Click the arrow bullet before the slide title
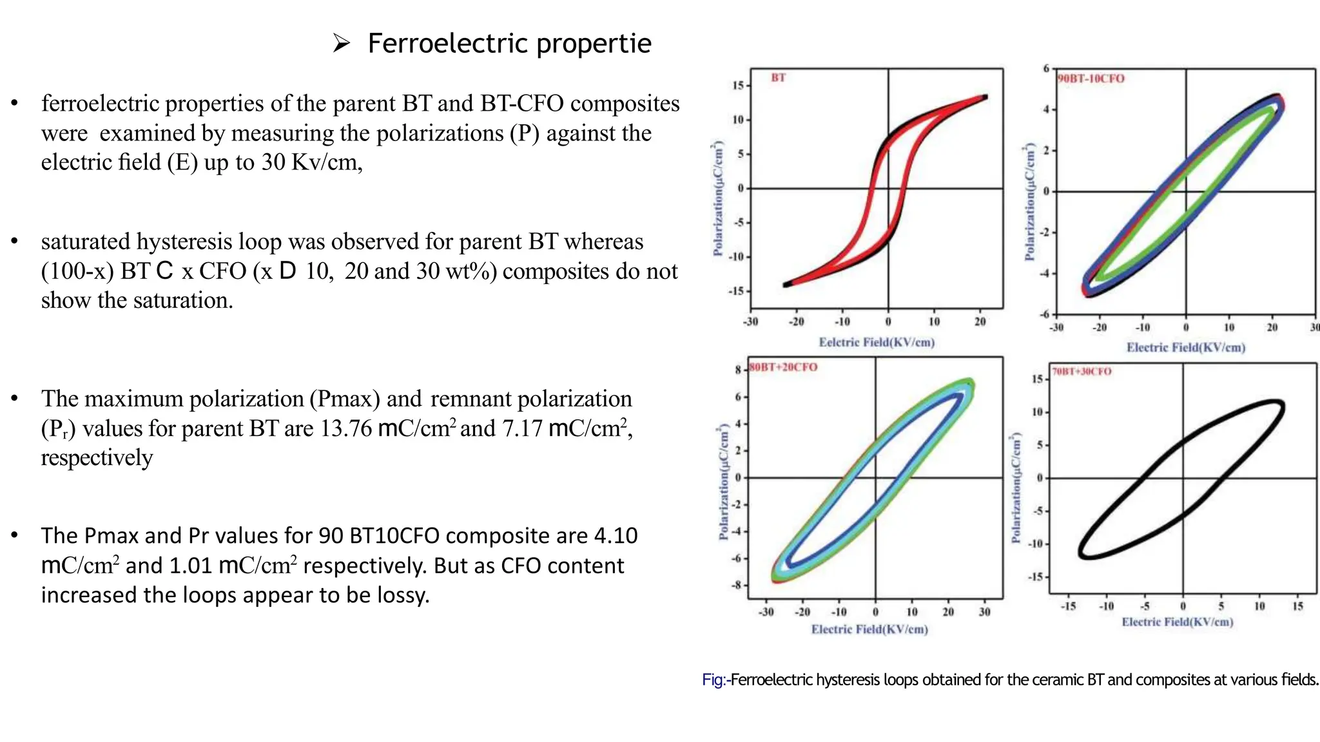(341, 44)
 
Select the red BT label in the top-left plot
(778, 78)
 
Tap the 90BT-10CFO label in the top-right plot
(1091, 79)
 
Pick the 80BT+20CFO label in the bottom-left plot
(783, 367)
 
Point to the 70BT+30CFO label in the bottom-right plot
(1082, 372)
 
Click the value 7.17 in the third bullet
(522, 428)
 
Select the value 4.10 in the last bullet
(616, 536)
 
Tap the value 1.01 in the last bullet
(190, 566)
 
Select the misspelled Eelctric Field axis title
(876, 343)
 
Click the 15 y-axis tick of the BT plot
(737, 86)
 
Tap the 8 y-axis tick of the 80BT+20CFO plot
(737, 370)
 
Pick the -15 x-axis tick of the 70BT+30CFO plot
(1068, 606)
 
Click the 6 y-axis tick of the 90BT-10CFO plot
(1046, 68)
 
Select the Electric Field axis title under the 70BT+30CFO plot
(1177, 622)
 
